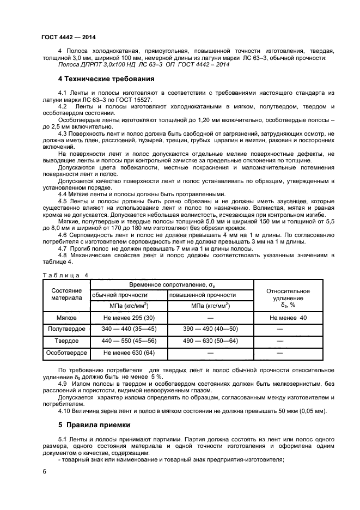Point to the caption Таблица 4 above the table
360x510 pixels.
pos(64,275)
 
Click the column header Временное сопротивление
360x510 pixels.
pos(172,285)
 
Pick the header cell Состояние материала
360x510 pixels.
pos(66,294)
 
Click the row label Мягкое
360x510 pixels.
pos(66,317)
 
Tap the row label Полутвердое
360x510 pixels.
pos(66,329)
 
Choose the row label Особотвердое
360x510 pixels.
pos(66,353)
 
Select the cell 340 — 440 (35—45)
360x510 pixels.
pos(129,329)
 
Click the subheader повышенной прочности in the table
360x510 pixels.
pos(199,295)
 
